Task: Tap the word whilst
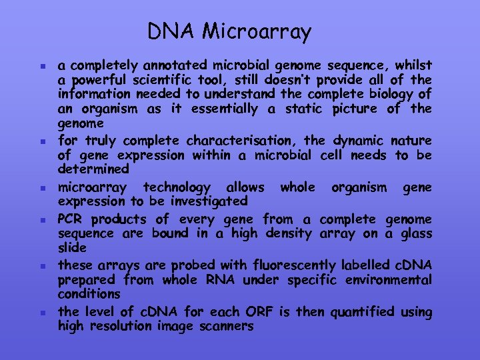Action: click(413, 65)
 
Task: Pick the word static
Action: click(303, 109)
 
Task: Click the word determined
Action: click(93, 169)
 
